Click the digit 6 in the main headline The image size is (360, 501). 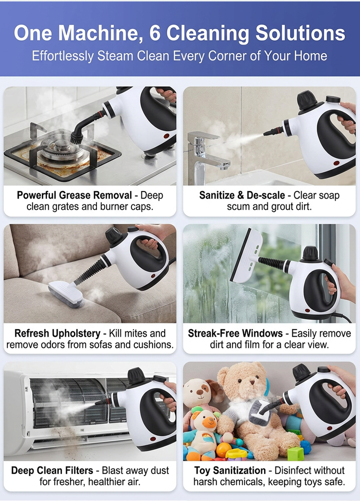[x=155, y=33]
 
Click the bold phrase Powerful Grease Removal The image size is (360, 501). [x=74, y=195]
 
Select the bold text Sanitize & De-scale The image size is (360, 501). [x=242, y=195]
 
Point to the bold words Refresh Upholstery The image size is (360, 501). [x=58, y=333]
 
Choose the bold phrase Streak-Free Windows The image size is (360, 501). [x=235, y=333]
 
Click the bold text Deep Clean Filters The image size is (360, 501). [x=52, y=470]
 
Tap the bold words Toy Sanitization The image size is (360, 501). [x=230, y=470]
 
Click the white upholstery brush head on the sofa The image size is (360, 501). [x=66, y=294]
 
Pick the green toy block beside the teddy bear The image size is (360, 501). [x=296, y=453]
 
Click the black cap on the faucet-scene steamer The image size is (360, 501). [x=308, y=99]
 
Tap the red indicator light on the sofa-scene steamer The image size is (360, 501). [x=153, y=275]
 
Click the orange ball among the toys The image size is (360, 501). [x=224, y=450]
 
